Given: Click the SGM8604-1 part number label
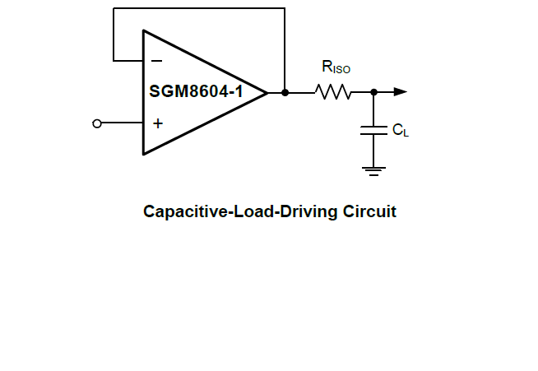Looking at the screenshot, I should [196, 91].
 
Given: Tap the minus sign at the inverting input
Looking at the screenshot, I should [157, 60].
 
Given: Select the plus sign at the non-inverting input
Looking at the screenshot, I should [157, 123].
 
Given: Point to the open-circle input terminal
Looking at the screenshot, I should [98, 123].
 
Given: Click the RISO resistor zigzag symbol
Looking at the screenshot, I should [333, 92].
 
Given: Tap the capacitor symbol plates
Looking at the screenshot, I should [373, 129].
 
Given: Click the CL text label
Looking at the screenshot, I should [400, 130].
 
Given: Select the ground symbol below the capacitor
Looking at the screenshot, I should [373, 170].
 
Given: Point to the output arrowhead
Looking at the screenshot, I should [400, 92].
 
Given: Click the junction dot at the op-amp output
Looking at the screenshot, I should [285, 92].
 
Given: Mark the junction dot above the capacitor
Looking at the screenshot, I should [373, 92].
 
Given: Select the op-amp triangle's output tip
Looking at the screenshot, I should [267, 92].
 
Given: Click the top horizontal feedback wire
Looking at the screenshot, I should [197, 8].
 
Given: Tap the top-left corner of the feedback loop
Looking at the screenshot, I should [114, 8].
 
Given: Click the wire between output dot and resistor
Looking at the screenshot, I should [299, 92].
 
